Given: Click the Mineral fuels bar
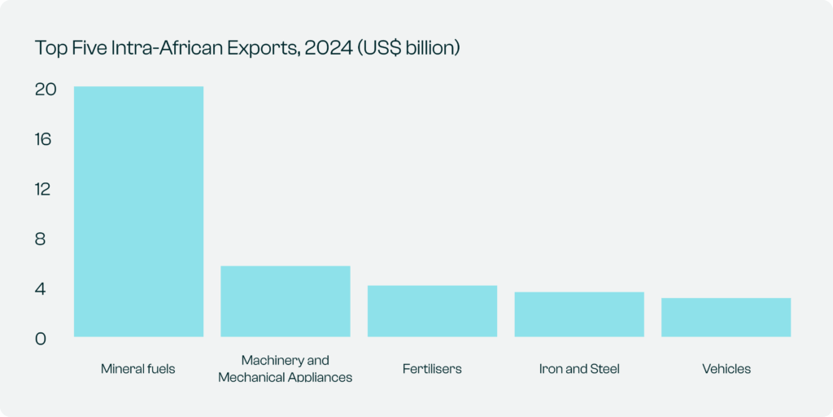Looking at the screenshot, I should coord(138,211).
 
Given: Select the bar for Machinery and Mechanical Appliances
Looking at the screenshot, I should coord(286,301).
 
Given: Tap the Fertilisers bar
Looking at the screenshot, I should coord(432,310).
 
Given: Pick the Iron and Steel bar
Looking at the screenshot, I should coord(579,314).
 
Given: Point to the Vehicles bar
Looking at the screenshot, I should coord(726,317).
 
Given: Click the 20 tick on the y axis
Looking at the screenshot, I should coord(45,90).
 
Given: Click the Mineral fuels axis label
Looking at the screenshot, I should coord(138,369).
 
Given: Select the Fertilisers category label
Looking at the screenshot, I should coord(432,369).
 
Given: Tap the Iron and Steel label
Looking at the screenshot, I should coord(579,369).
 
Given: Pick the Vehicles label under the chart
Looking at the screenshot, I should coord(726,369).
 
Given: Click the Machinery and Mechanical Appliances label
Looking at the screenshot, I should coord(286,368).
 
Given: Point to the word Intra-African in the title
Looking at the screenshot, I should coord(174,48).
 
